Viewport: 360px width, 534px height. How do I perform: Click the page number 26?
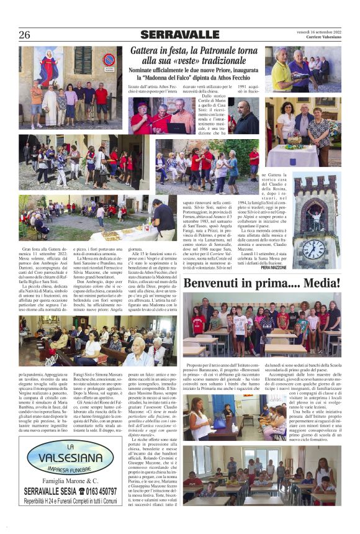tap(25, 35)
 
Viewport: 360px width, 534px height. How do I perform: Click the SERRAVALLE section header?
tap(180, 35)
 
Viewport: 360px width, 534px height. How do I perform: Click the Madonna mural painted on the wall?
tap(49, 66)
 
